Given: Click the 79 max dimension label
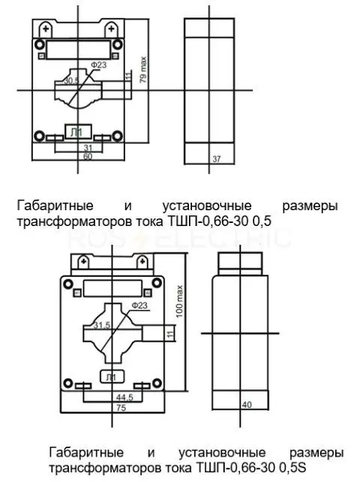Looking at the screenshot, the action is click(143, 70).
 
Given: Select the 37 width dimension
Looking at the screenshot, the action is click(217, 159).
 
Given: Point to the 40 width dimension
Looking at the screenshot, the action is click(247, 405).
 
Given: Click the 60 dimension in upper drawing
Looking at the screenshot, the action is click(88, 156).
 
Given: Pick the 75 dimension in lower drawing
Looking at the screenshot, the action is click(121, 408).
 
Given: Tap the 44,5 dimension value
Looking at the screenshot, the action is click(124, 397).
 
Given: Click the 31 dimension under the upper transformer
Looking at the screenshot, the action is click(88, 148).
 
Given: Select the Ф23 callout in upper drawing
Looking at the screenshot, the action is click(98, 65).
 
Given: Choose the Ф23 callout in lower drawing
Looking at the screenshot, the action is click(139, 306).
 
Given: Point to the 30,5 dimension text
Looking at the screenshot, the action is click(71, 81).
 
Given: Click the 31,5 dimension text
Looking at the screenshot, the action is click(102, 325).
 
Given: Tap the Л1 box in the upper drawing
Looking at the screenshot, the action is click(78, 132).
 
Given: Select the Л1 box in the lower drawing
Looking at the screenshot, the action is click(112, 377).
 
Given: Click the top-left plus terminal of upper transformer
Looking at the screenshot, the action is click(46, 29).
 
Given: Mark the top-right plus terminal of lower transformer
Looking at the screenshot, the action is click(142, 261).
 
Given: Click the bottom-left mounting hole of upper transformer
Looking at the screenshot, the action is click(39, 136).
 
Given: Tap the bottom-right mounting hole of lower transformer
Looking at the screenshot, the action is click(157, 383).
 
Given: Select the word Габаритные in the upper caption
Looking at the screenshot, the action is click(55, 206).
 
